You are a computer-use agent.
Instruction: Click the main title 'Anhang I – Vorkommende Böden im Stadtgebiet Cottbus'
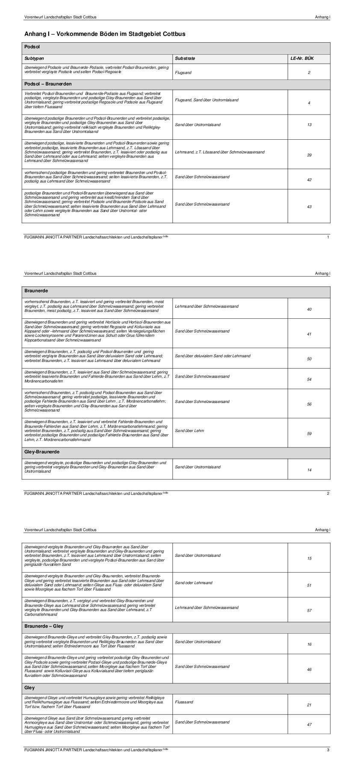click(105, 34)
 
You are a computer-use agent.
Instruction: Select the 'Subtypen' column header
click(34, 59)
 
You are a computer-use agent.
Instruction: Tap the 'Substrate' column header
click(185, 59)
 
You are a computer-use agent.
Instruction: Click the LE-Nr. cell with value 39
click(309, 155)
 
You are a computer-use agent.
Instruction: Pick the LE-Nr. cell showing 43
click(309, 207)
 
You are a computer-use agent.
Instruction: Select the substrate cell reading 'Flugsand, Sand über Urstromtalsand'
click(207, 100)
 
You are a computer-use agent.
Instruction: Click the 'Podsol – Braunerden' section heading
click(48, 84)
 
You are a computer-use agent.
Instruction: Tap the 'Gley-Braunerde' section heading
click(42, 452)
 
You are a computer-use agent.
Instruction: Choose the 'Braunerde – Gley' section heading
click(44, 626)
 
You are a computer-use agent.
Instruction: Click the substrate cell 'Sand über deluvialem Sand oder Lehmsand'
click(212, 356)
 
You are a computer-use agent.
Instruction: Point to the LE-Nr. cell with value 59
click(309, 434)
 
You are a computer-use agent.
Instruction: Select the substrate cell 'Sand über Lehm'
click(189, 431)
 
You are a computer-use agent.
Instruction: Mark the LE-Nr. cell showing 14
click(309, 470)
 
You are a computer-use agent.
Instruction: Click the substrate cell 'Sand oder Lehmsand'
click(193, 583)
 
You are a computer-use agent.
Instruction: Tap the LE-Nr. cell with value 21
click(309, 705)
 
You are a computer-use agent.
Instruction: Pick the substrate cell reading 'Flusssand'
click(184, 702)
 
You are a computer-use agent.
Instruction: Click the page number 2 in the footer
click(328, 494)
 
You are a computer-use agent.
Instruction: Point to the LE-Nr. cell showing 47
click(309, 725)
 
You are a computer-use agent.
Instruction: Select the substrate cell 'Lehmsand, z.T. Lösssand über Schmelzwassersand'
click(219, 152)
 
